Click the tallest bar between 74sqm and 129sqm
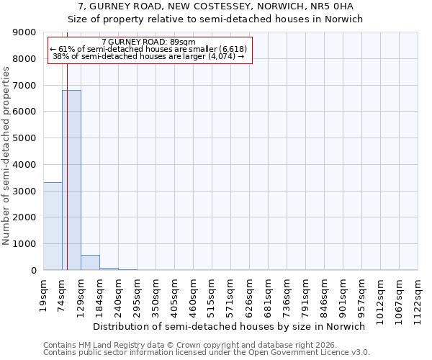click(x=71, y=180)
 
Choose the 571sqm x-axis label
click(x=231, y=293)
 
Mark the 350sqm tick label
click(x=156, y=293)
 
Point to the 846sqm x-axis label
click(x=325, y=293)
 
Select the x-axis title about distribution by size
click(x=230, y=326)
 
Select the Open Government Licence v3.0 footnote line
click(x=207, y=353)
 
